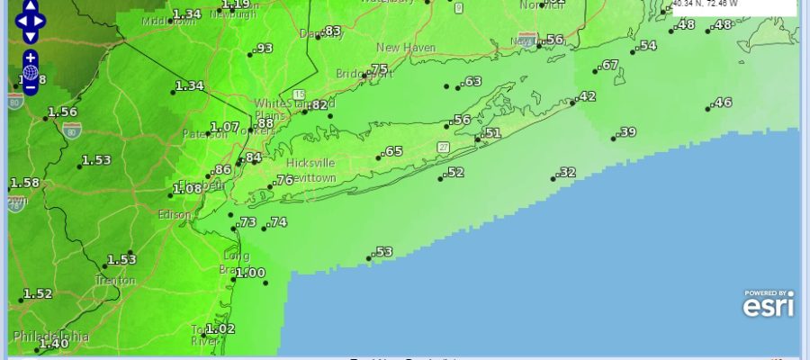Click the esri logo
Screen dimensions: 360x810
[x=768, y=304]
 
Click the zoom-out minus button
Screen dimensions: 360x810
[x=30, y=87]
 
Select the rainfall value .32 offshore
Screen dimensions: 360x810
[x=567, y=172]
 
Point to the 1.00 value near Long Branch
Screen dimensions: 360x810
[x=251, y=273]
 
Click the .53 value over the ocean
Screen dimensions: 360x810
[x=383, y=252]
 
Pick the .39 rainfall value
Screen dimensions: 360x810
[x=627, y=132]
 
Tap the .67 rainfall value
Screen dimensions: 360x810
[x=610, y=65]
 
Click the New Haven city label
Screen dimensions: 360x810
[x=407, y=48]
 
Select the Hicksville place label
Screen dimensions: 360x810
[x=310, y=162]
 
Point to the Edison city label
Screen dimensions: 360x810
[x=175, y=215]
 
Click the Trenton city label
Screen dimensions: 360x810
[x=115, y=280]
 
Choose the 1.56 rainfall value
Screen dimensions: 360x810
[x=62, y=112]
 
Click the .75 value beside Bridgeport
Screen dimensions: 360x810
[x=378, y=69]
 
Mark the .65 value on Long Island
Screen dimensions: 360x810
[x=392, y=151]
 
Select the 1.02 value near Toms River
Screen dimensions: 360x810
[x=220, y=328]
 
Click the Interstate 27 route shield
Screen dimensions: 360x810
[x=444, y=146]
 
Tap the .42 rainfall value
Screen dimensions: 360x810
[x=587, y=96]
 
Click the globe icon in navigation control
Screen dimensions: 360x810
[x=30, y=72]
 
